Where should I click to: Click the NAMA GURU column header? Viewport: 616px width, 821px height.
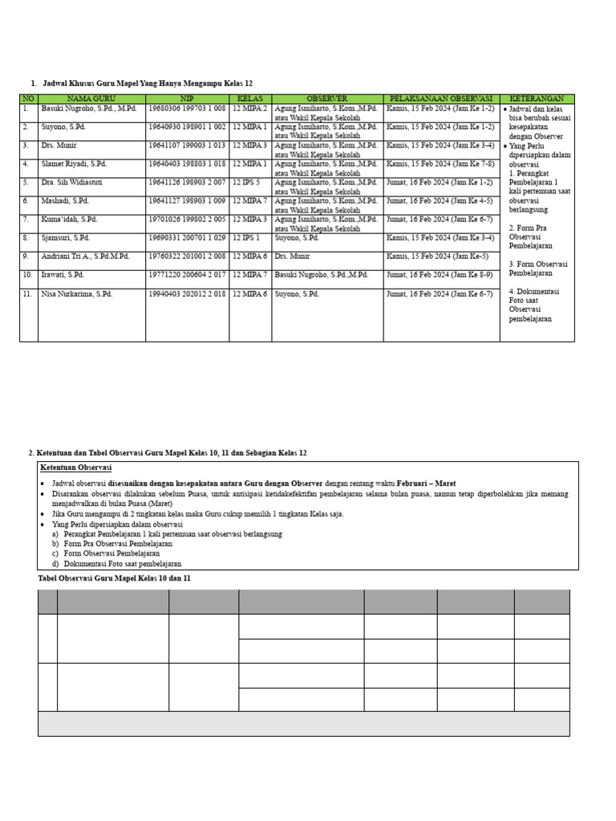[x=91, y=99]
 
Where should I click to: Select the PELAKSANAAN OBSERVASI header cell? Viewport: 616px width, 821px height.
[x=441, y=99]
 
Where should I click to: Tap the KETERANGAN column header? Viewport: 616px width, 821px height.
[x=537, y=99]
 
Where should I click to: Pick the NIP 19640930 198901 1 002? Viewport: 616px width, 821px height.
[x=186, y=127]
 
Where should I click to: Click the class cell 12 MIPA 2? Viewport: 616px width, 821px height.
[x=249, y=108]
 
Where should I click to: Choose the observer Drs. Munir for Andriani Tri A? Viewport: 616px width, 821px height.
[x=292, y=256]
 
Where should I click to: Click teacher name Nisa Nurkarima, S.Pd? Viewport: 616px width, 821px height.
[x=77, y=293]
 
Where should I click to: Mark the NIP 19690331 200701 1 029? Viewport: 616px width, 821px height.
[x=186, y=237]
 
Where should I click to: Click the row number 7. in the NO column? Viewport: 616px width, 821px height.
[x=26, y=219]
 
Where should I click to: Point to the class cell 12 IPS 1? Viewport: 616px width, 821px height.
[x=246, y=237]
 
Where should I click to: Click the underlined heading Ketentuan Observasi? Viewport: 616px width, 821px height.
[x=75, y=467]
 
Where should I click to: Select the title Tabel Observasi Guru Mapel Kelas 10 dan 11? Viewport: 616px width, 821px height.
[x=115, y=578]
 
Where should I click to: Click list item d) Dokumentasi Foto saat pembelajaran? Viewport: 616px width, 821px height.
[x=116, y=564]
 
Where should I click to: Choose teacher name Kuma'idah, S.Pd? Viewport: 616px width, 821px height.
[x=70, y=219]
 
